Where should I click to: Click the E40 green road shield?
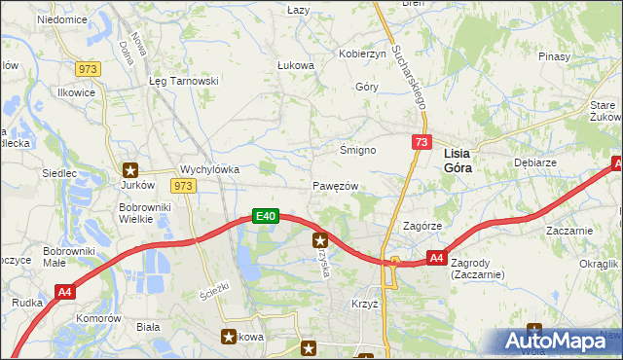(267, 216)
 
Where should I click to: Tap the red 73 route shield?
(421, 142)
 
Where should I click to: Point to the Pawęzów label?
(336, 186)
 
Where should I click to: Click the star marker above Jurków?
(130, 169)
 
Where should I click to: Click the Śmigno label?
(357, 151)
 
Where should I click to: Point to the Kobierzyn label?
(362, 54)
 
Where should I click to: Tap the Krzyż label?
(364, 304)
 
